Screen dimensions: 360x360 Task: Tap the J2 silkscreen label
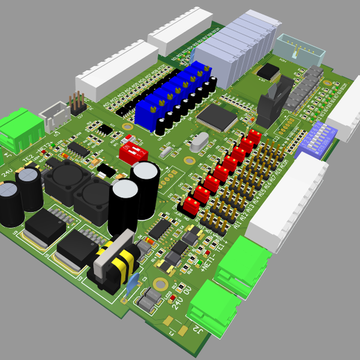[x=196, y=329]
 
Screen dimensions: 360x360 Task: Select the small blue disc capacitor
[x=133, y=282]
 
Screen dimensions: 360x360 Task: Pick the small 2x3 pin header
[x=77, y=103]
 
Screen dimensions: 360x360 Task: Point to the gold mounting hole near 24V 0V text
[x=160, y=284]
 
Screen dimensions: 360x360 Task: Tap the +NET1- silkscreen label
[x=209, y=265]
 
